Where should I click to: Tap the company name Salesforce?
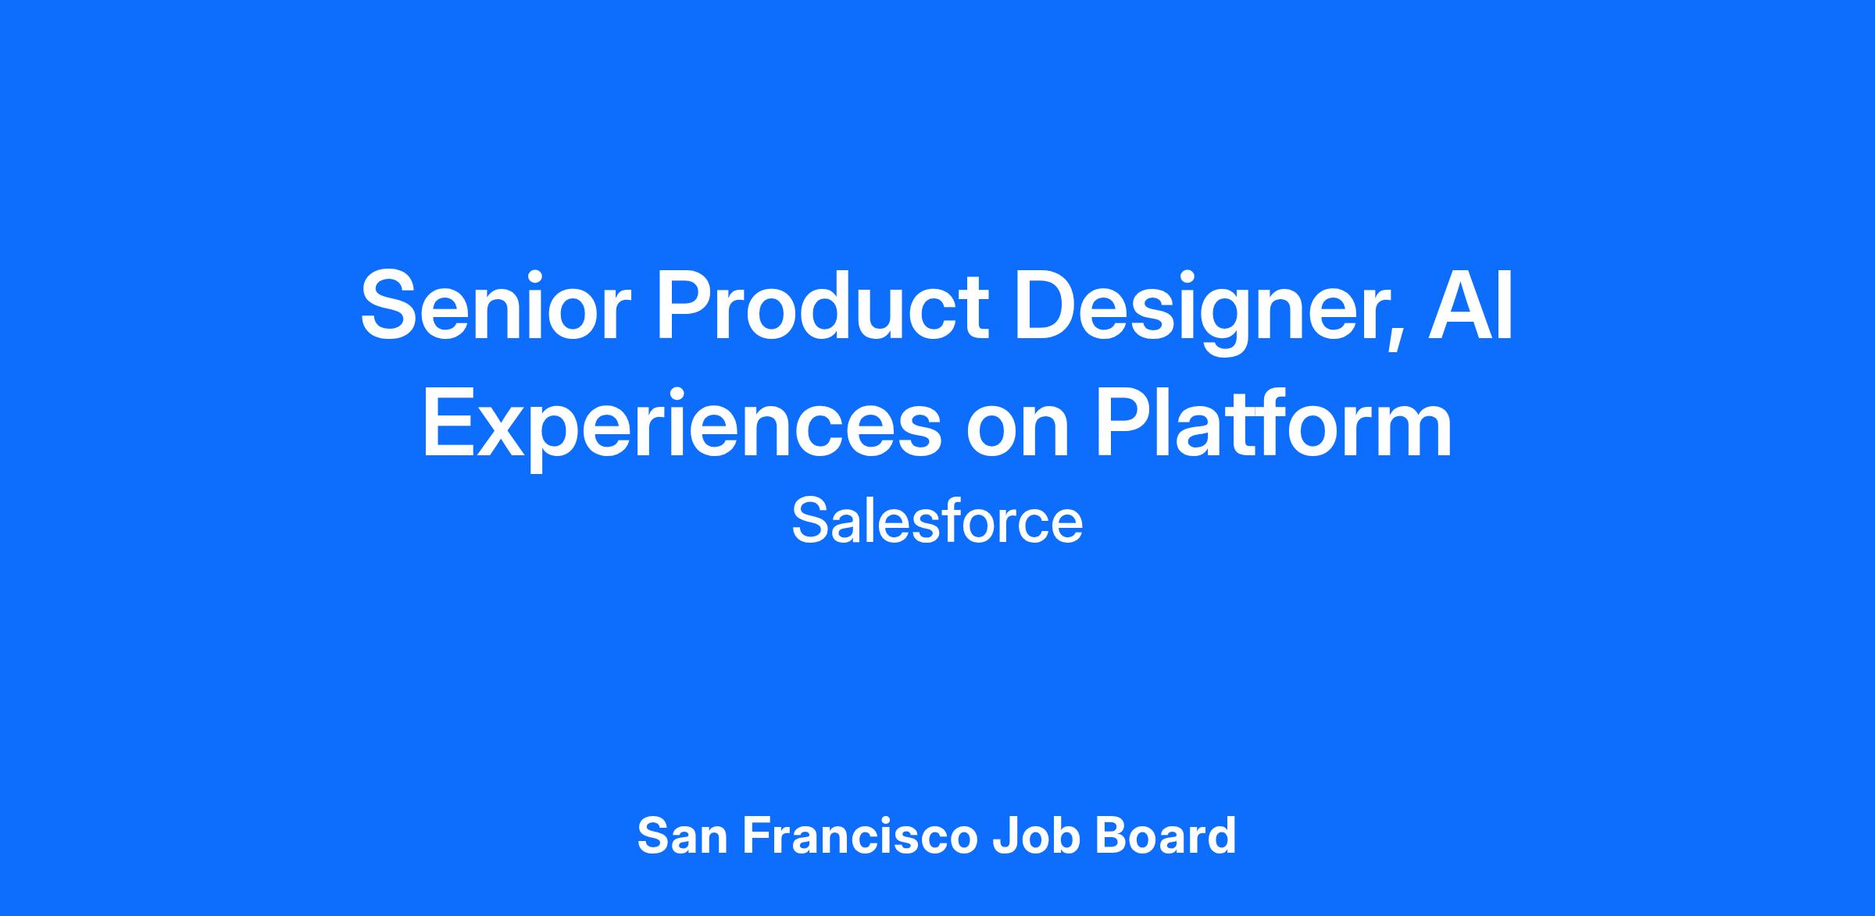coord(937,521)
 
